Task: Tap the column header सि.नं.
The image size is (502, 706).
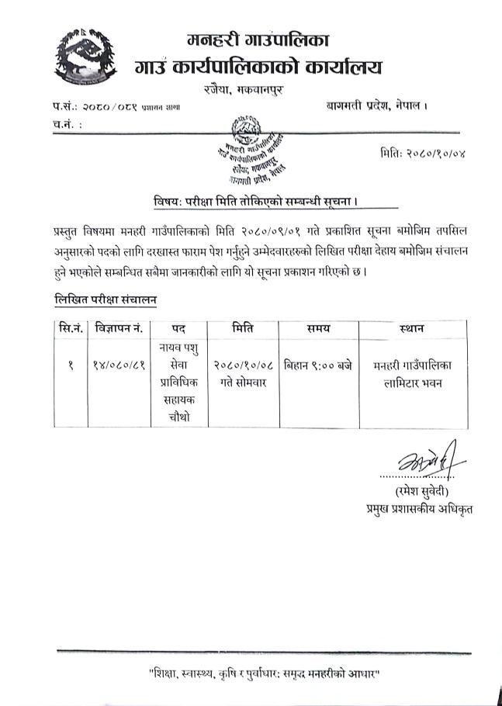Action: [x=67, y=329]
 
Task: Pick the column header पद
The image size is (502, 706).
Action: [x=180, y=329]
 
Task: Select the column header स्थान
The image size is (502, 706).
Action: [x=412, y=329]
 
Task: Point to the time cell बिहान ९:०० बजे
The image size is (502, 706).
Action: [x=318, y=365]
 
